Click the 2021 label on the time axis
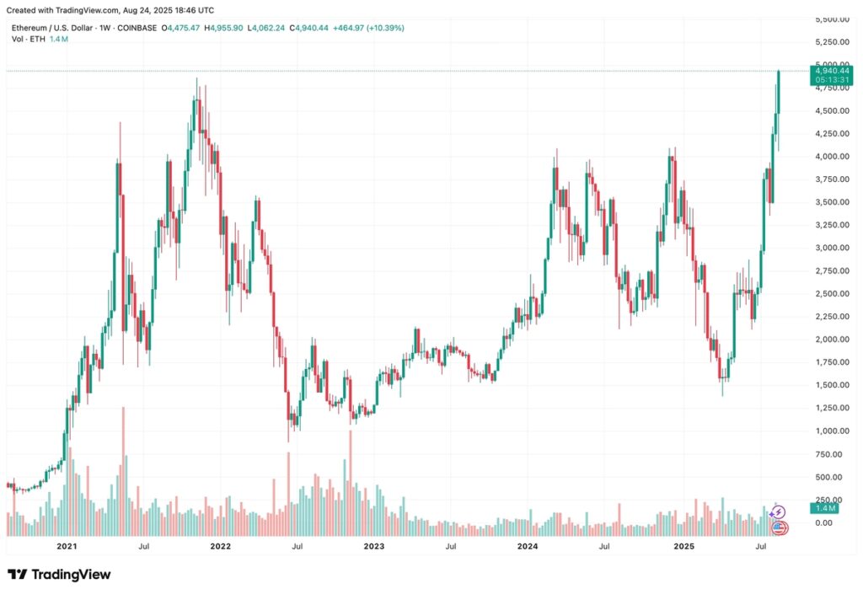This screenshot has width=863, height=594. point(68,547)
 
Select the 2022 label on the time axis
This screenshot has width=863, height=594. point(221,547)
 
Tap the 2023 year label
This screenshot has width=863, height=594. point(374,547)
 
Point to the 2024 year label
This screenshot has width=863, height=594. point(528,547)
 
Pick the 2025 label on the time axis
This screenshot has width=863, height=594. point(683,547)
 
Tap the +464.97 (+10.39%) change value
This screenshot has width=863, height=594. point(369,28)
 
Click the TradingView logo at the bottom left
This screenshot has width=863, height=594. point(59,575)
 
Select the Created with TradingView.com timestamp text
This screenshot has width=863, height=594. point(110,10)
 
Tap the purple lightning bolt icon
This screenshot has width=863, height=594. point(780,512)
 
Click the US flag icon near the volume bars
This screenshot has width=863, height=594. point(780,528)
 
